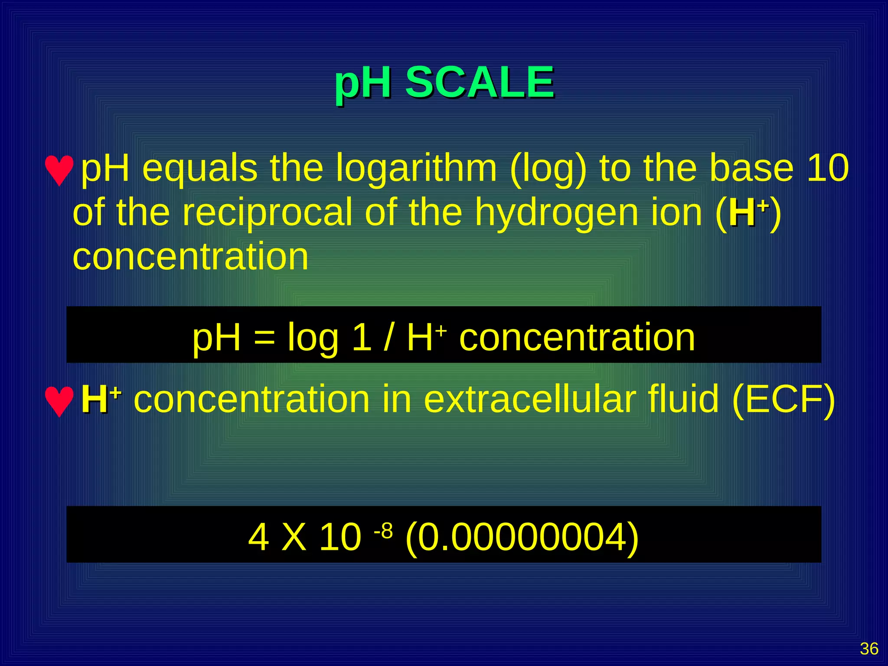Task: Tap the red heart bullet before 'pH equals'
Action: pos(59,170)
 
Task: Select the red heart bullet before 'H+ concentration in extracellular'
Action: pos(59,401)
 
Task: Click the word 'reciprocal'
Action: pos(267,212)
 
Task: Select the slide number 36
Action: pos(869,649)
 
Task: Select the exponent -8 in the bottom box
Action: pos(383,531)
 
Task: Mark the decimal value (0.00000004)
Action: pos(522,538)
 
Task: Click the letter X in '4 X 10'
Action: pos(294,538)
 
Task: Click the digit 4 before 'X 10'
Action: pos(258,538)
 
